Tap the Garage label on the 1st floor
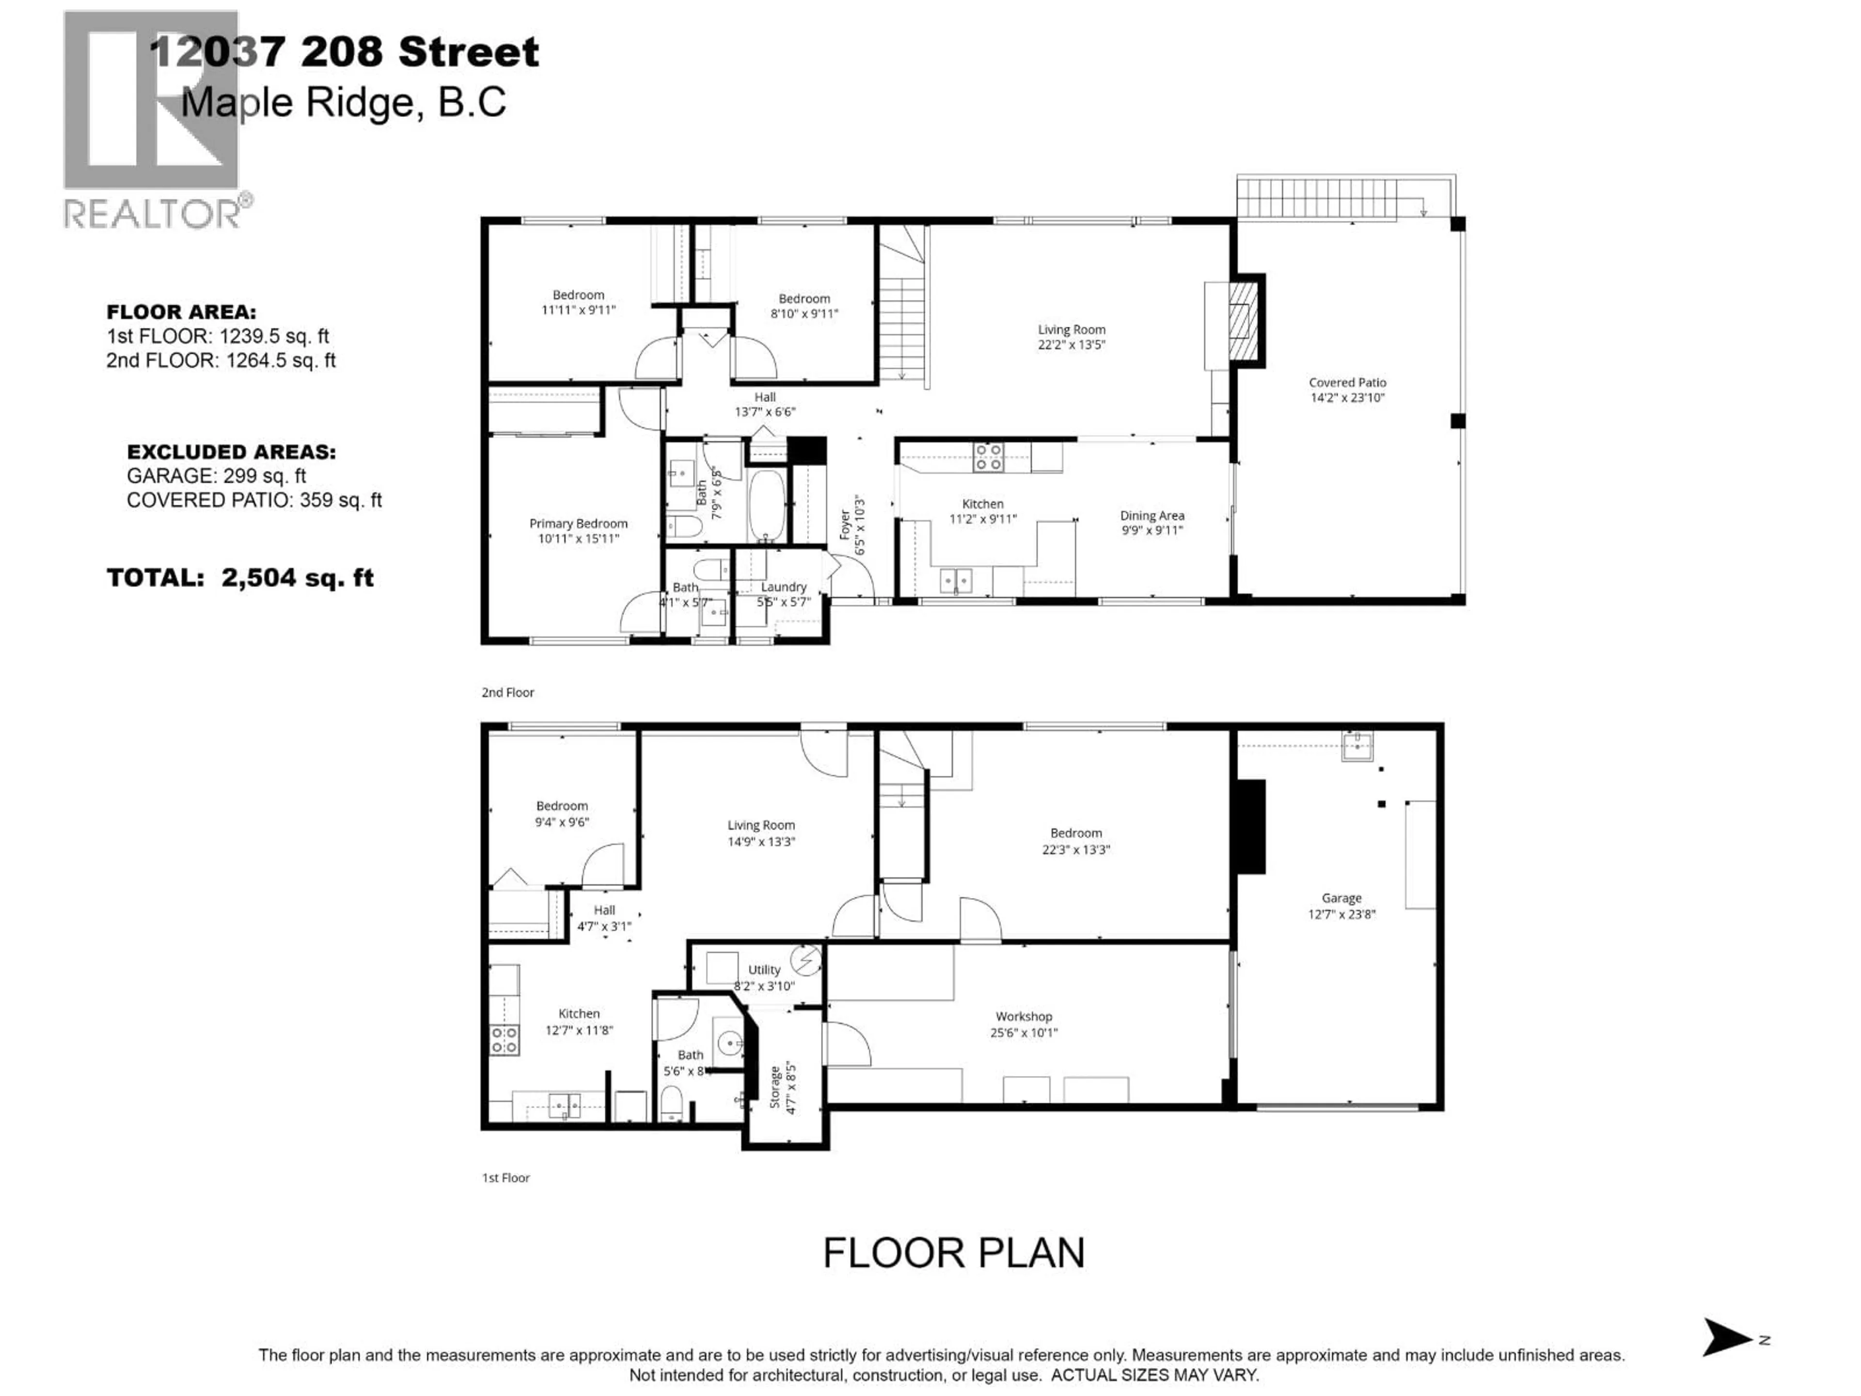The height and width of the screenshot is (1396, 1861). (1341, 898)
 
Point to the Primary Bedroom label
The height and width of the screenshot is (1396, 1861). (578, 523)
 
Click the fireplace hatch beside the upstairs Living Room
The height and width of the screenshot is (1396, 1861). (1241, 320)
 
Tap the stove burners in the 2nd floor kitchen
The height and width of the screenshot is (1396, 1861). (988, 457)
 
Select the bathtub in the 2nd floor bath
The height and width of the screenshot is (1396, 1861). (766, 505)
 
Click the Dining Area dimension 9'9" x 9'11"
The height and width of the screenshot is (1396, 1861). (1152, 530)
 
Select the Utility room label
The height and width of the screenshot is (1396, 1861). (764, 969)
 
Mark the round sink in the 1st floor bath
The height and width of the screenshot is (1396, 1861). (728, 1042)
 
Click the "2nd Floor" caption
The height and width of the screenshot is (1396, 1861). (507, 693)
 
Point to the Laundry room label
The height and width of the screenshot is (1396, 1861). (783, 587)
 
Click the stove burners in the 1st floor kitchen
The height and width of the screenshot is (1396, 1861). (504, 1040)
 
